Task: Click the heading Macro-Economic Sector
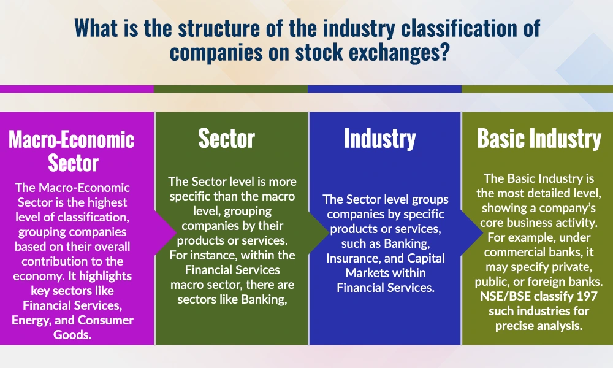click(71, 151)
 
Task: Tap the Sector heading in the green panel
click(226, 139)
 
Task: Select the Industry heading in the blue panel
click(379, 139)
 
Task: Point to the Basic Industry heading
click(539, 139)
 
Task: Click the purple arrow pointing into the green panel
click(164, 226)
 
